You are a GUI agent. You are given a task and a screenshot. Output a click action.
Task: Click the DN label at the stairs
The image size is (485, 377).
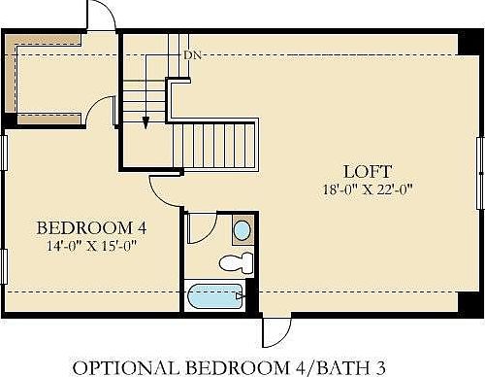click(x=192, y=55)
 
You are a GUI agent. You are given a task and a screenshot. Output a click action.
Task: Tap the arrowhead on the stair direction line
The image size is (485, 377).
click(x=145, y=122)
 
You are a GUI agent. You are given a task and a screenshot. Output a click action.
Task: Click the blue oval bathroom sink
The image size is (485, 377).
click(x=242, y=231)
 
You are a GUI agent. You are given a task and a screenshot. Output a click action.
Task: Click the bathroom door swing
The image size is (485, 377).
click(x=200, y=228)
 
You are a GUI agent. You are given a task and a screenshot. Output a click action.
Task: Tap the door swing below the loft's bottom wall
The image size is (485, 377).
click(x=275, y=331)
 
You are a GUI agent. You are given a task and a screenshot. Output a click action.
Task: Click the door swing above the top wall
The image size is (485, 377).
click(x=101, y=15)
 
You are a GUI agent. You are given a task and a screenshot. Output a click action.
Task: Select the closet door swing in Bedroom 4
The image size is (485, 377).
click(x=101, y=109)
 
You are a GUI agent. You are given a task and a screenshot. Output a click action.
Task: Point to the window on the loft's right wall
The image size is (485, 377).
click(x=479, y=172)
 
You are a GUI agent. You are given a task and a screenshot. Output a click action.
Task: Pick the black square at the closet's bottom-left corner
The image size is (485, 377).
click(x=10, y=120)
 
